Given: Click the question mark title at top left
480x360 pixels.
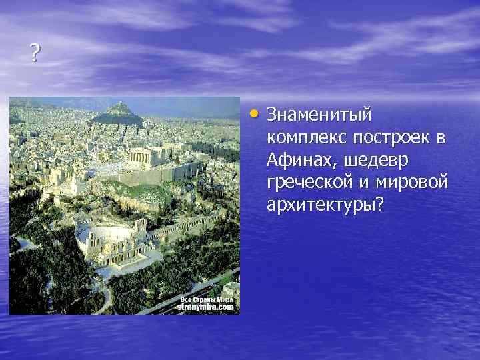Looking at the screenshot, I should click(34, 53).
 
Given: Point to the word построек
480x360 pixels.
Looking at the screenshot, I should click(387, 138).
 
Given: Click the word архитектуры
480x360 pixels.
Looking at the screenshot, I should click(321, 204).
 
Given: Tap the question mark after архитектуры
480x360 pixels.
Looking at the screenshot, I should click(380, 203).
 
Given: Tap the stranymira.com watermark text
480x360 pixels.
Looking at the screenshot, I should click(205, 308).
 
